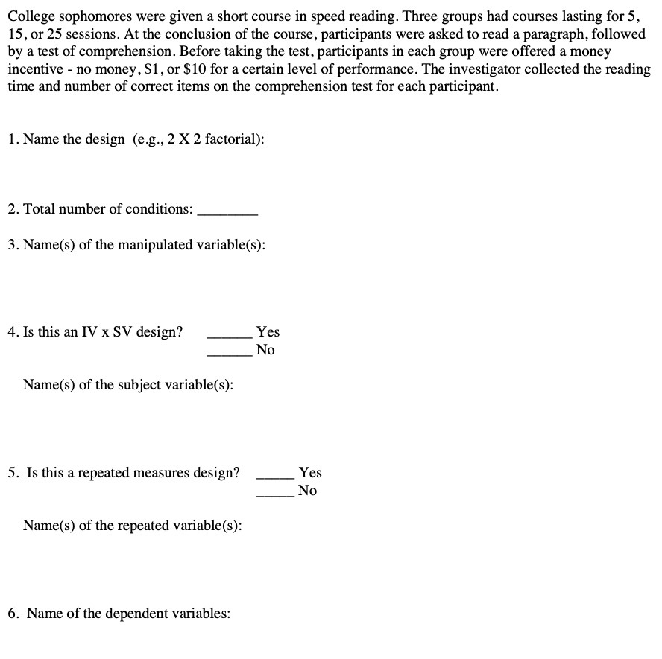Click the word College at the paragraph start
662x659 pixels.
[x=31, y=16]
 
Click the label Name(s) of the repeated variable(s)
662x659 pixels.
[x=132, y=526]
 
